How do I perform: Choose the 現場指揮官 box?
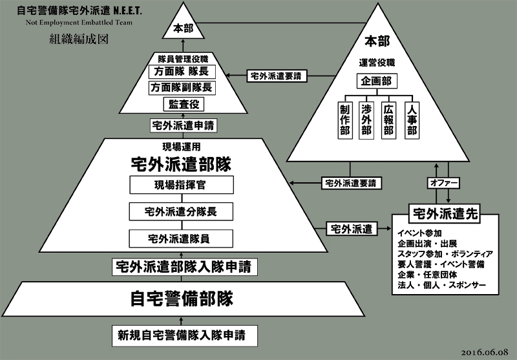tap(180, 186)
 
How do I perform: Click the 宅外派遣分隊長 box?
tap(180, 211)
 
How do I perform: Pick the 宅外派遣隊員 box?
tap(180, 237)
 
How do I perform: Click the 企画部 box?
tap(376, 83)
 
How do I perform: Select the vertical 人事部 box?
tap(410, 120)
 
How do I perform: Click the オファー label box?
tap(444, 183)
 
